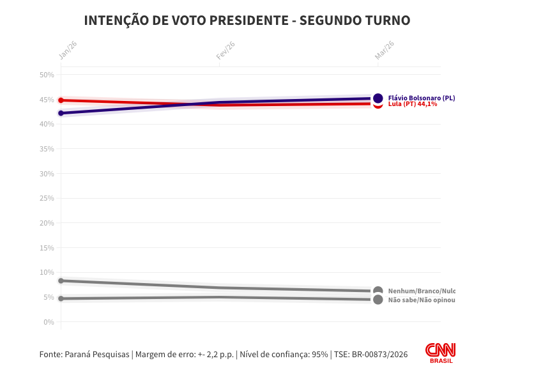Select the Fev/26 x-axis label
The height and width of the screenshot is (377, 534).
pyautogui.click(x=225, y=50)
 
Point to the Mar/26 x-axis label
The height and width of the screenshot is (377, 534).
pyautogui.click(x=384, y=50)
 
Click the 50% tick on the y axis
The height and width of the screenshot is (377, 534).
pyautogui.click(x=46, y=75)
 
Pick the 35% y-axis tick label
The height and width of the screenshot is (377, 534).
pyautogui.click(x=46, y=149)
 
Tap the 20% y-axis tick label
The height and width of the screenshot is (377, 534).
pyautogui.click(x=46, y=223)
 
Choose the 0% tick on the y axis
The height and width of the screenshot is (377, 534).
pyautogui.click(x=48, y=321)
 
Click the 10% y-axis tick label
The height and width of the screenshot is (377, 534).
pyautogui.click(x=46, y=272)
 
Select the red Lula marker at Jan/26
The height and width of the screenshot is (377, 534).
pyautogui.click(x=61, y=100)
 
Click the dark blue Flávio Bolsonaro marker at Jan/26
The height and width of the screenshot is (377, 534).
pyautogui.click(x=61, y=113)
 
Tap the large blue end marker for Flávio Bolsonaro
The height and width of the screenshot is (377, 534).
pyautogui.click(x=378, y=98)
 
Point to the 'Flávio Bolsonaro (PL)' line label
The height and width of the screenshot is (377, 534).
pyautogui.click(x=422, y=98)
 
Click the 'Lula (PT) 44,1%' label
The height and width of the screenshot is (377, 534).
pyautogui.click(x=413, y=104)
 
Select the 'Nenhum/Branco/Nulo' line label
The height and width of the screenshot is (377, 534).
pyautogui.click(x=422, y=291)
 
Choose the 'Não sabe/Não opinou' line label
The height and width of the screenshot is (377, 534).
pyautogui.click(x=422, y=300)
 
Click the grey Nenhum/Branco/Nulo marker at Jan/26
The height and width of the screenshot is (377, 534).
pyautogui.click(x=61, y=281)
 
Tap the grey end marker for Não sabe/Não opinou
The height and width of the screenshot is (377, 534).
pyautogui.click(x=378, y=300)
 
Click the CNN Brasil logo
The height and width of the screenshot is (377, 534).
pyautogui.click(x=440, y=353)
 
